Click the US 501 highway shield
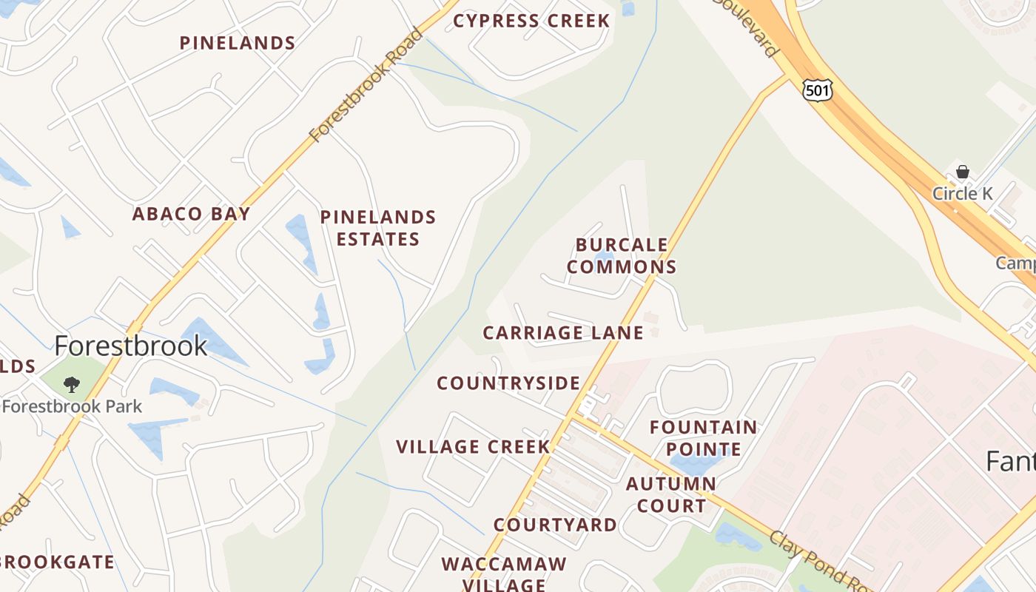click(817, 91)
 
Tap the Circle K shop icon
click(962, 172)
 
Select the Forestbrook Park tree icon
click(72, 384)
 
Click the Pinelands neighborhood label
click(238, 43)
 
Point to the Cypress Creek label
click(531, 21)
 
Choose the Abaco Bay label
click(191, 214)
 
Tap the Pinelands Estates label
click(378, 228)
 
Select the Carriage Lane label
click(562, 333)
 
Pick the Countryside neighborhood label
click(508, 383)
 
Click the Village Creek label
click(473, 447)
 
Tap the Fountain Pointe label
click(703, 438)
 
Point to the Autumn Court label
click(670, 495)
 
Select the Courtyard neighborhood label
click(555, 525)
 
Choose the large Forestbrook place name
click(131, 346)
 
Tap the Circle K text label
click(963, 194)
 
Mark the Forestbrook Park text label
click(72, 406)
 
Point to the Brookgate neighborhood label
click(57, 562)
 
